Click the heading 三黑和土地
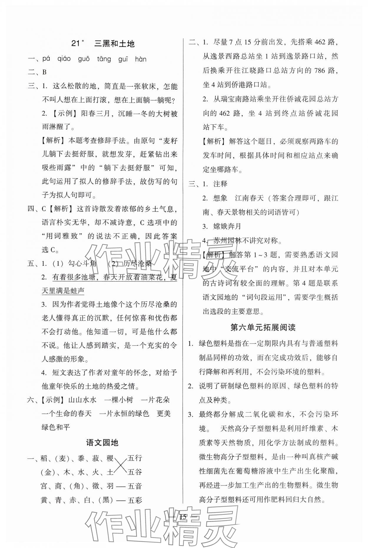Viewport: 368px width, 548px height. click(x=114, y=44)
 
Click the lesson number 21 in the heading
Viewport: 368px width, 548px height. click(x=76, y=44)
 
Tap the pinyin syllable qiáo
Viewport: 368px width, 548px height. click(x=64, y=59)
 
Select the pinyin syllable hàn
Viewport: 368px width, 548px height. click(x=140, y=59)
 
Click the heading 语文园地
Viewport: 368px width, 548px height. click(x=102, y=442)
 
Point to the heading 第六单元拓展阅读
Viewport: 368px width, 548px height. click(x=263, y=327)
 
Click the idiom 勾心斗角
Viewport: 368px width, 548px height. click(x=82, y=263)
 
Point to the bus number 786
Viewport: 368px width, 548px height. click(x=321, y=71)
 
